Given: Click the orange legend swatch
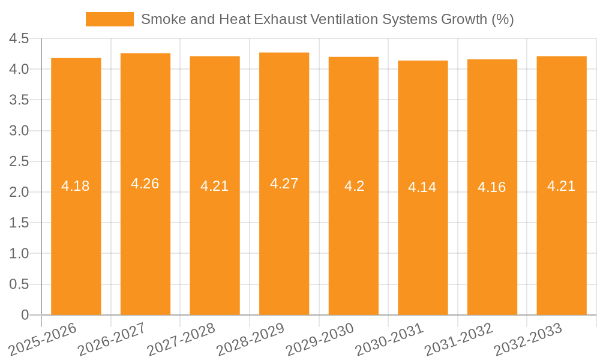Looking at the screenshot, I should [x=110, y=19].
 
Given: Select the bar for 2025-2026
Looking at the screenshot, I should [x=76, y=240].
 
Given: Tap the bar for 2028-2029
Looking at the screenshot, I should [x=284, y=240].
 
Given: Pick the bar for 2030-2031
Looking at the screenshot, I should [x=422, y=240].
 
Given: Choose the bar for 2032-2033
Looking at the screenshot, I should [x=561, y=240].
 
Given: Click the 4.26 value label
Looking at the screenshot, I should [x=145, y=184].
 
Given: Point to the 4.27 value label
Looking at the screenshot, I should [x=284, y=184].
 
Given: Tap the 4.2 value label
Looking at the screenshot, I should [x=353, y=186].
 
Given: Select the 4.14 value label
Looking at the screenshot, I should [x=422, y=187].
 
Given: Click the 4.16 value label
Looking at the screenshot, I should [x=492, y=187].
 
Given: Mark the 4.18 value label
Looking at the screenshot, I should [x=76, y=186].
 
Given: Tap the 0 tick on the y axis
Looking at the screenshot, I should [x=25, y=314].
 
